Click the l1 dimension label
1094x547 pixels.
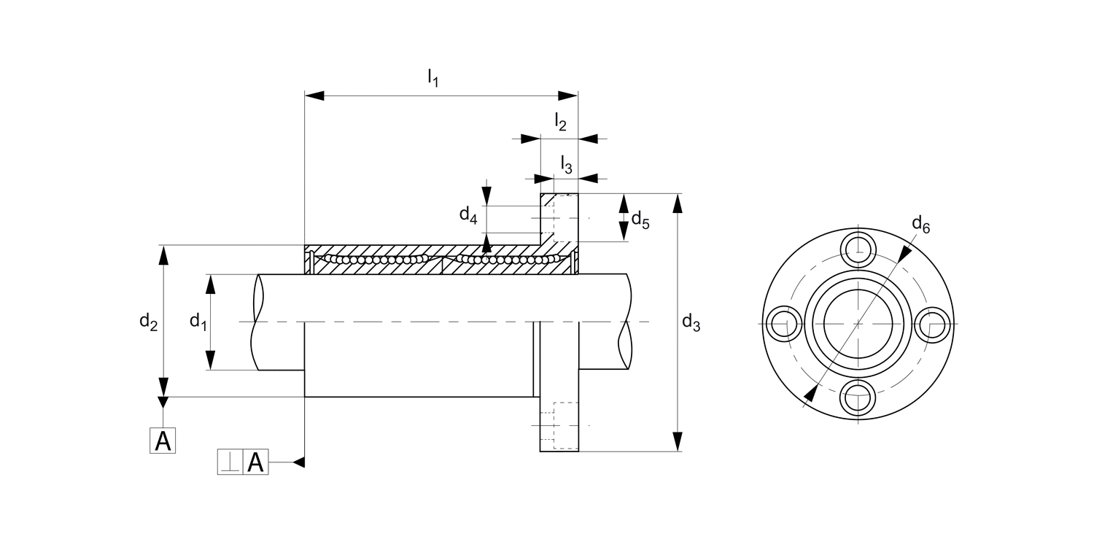(432, 77)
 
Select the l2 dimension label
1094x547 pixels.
(560, 122)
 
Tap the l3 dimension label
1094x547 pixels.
(566, 164)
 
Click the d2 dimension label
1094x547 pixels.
(149, 321)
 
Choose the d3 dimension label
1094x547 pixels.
(691, 322)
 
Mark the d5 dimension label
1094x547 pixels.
(640, 218)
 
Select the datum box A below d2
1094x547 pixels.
(163, 441)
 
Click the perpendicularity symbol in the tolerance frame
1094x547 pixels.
(230, 462)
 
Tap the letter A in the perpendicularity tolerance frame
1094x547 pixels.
(255, 462)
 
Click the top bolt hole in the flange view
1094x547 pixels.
(858, 248)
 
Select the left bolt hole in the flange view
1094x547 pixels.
(783, 322)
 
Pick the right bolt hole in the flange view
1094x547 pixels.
(934, 322)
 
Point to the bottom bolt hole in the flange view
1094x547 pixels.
(858, 397)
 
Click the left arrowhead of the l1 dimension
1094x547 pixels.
(314, 96)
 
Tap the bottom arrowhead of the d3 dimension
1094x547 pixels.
(678, 442)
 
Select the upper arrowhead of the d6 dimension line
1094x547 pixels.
(905, 253)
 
